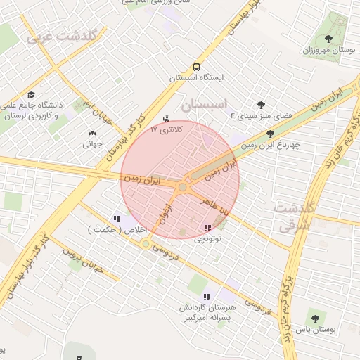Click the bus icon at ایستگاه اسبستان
195,67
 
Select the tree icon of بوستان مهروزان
329,38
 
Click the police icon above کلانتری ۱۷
166,118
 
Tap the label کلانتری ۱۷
167,130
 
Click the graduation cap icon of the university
31,94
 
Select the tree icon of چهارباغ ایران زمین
270,134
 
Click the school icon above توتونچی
207,228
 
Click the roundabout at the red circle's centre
183,187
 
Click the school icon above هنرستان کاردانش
207,297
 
